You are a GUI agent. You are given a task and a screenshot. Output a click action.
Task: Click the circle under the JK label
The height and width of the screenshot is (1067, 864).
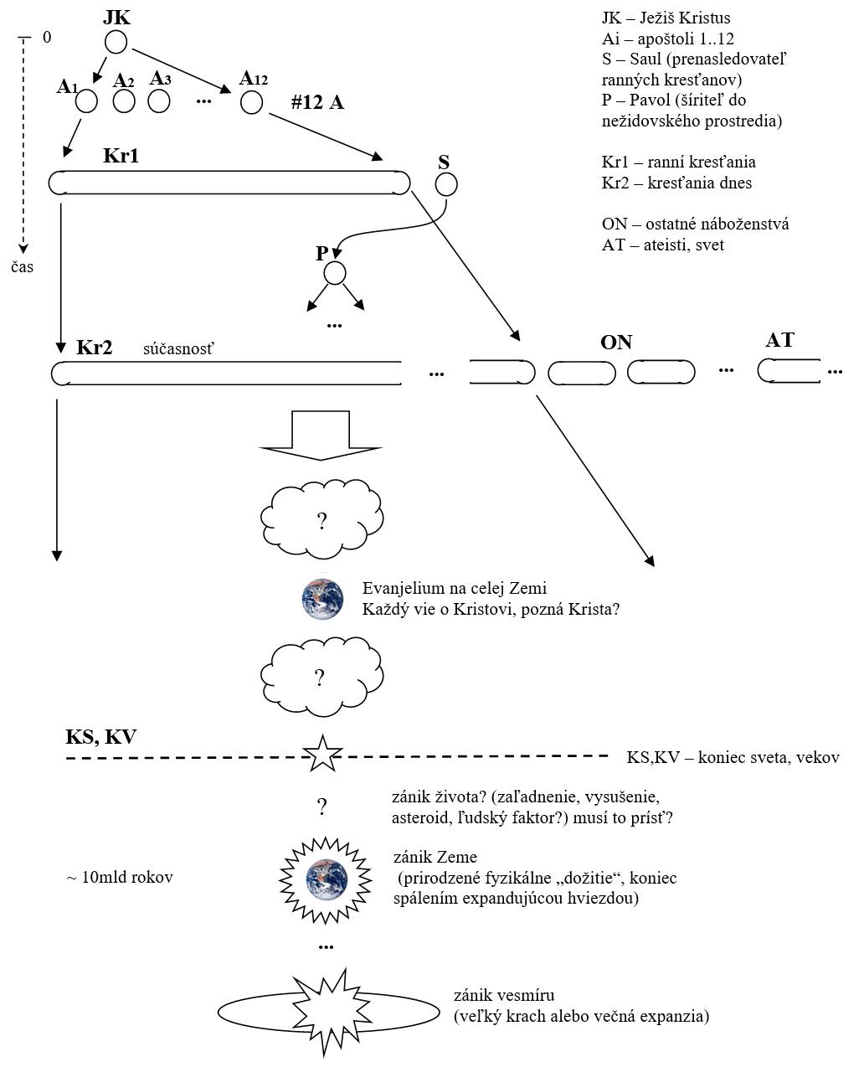116,41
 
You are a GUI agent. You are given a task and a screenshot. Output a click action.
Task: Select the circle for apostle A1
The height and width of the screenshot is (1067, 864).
86,101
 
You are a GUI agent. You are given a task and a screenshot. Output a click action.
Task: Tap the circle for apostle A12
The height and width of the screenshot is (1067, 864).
251,102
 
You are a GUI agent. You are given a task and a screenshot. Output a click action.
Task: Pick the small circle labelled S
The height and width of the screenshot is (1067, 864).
445,183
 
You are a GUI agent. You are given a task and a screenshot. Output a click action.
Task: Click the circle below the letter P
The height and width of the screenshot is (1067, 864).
335,273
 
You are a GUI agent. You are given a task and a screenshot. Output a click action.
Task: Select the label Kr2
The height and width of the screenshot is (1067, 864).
94,348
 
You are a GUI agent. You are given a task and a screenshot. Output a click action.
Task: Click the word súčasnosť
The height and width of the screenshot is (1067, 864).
178,348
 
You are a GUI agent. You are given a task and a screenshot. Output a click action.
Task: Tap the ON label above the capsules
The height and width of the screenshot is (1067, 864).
616,343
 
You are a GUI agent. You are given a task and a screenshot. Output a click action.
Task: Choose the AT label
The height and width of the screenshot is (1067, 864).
779,340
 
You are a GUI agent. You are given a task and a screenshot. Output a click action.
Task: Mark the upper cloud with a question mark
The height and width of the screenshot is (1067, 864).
321,522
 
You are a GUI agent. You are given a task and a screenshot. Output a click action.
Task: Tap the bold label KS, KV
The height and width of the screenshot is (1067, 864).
101,738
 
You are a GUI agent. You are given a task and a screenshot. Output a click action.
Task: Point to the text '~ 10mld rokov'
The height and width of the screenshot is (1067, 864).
119,878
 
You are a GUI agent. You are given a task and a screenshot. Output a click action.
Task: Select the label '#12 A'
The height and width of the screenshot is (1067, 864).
317,103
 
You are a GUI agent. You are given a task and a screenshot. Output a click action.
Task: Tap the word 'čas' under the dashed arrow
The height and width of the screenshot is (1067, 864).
23,268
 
